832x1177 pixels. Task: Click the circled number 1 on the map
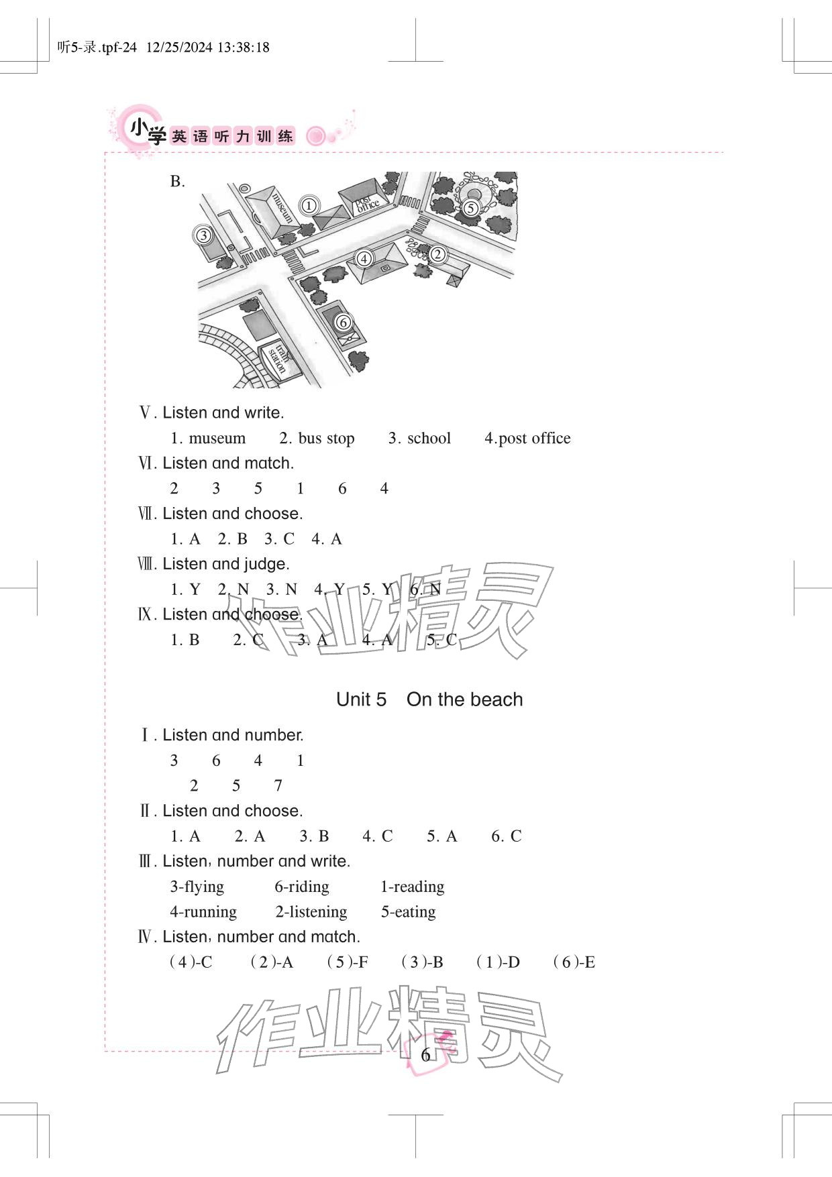(308, 206)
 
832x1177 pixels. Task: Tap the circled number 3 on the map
(203, 235)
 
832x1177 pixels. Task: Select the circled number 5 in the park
(470, 208)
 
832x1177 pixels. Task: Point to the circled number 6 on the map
(343, 323)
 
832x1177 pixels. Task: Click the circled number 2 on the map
(437, 254)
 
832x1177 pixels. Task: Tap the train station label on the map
(279, 361)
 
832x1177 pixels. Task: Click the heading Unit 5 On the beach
(429, 699)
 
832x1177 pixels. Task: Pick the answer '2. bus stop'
(317, 439)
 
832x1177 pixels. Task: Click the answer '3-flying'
(197, 887)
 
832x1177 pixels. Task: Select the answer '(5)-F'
(347, 962)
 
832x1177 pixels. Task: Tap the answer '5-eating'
(408, 912)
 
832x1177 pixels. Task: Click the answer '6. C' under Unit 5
(506, 836)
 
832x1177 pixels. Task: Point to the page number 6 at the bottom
(425, 1055)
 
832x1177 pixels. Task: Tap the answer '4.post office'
(527, 439)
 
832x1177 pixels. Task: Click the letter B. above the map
(177, 182)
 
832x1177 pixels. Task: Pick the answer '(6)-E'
(574, 962)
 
